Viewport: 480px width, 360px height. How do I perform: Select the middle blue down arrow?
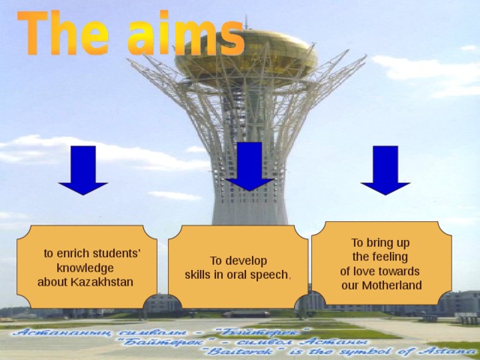250,166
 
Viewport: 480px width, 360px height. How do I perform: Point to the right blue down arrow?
385,170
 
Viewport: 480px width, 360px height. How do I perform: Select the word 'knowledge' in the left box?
85,268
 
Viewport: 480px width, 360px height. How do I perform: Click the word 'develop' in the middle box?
247,261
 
